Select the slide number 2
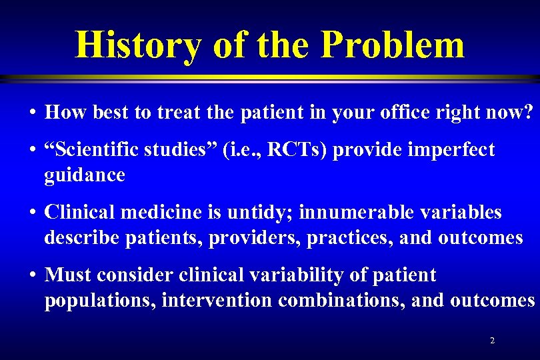492,341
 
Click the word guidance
85,175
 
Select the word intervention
216,300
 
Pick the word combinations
339,300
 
